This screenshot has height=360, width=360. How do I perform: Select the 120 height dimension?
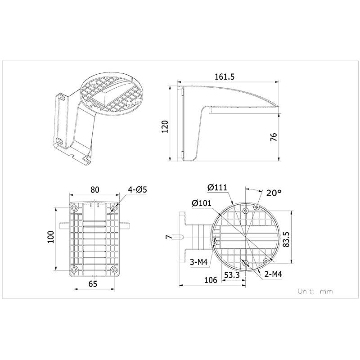pos(165,126)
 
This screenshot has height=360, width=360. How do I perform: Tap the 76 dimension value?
pos(273,137)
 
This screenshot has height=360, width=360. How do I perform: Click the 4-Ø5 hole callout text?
pos(138,189)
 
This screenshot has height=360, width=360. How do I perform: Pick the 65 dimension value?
pos(92,283)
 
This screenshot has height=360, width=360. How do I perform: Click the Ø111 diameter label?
pos(216,188)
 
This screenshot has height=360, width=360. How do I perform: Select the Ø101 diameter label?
pos(201,203)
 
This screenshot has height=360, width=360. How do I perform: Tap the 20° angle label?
pos(273,193)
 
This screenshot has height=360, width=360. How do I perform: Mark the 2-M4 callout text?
pos(273,273)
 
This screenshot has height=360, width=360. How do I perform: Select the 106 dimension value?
pos(210,280)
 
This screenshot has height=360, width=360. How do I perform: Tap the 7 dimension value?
pos(167,237)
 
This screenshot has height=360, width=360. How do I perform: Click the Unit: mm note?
pos(315,291)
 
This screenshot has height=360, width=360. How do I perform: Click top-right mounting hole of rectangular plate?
pos(114,208)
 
